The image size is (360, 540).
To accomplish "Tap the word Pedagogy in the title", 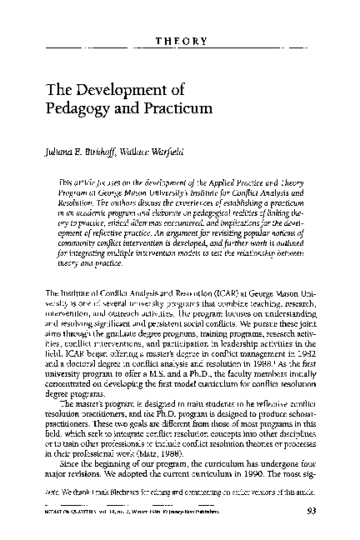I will (82, 109).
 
